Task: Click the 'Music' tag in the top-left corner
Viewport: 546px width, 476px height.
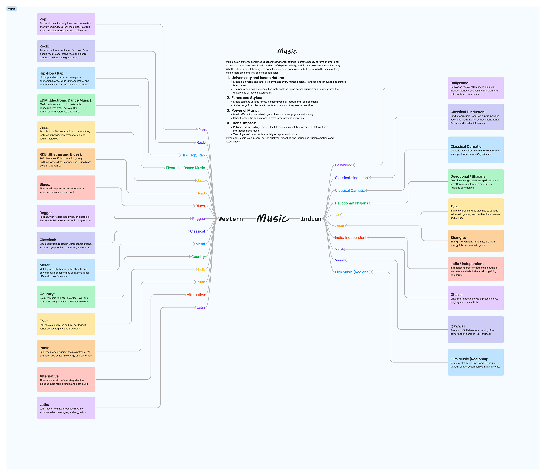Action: pyautogui.click(x=11, y=9)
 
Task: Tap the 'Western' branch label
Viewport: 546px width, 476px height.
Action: pyautogui.click(x=230, y=219)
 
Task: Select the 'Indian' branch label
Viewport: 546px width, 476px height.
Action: pyautogui.click(x=311, y=219)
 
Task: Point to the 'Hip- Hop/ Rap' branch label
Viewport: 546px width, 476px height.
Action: pyautogui.click(x=193, y=155)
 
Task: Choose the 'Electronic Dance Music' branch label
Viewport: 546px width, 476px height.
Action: pyautogui.click(x=185, y=168)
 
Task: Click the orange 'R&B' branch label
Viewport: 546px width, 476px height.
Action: pyautogui.click(x=201, y=193)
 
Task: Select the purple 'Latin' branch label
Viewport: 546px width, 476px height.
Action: pyautogui.click(x=201, y=307)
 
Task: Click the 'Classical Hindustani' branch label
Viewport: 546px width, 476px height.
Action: pyautogui.click(x=351, y=178)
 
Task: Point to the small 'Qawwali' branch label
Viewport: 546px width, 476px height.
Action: pyautogui.click(x=340, y=260)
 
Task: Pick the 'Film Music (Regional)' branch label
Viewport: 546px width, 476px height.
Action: pyautogui.click(x=352, y=272)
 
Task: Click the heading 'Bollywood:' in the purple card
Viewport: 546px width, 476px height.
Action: pyautogui.click(x=460, y=83)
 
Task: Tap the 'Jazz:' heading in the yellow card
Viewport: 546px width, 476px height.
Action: pyautogui.click(x=44, y=127)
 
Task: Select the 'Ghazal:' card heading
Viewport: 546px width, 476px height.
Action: pyautogui.click(x=457, y=295)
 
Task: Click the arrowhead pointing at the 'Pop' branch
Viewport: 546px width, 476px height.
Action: pyautogui.click(x=196, y=130)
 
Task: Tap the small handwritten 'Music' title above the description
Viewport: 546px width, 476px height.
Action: pyautogui.click(x=287, y=51)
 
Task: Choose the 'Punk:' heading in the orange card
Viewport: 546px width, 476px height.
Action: pyautogui.click(x=44, y=348)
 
